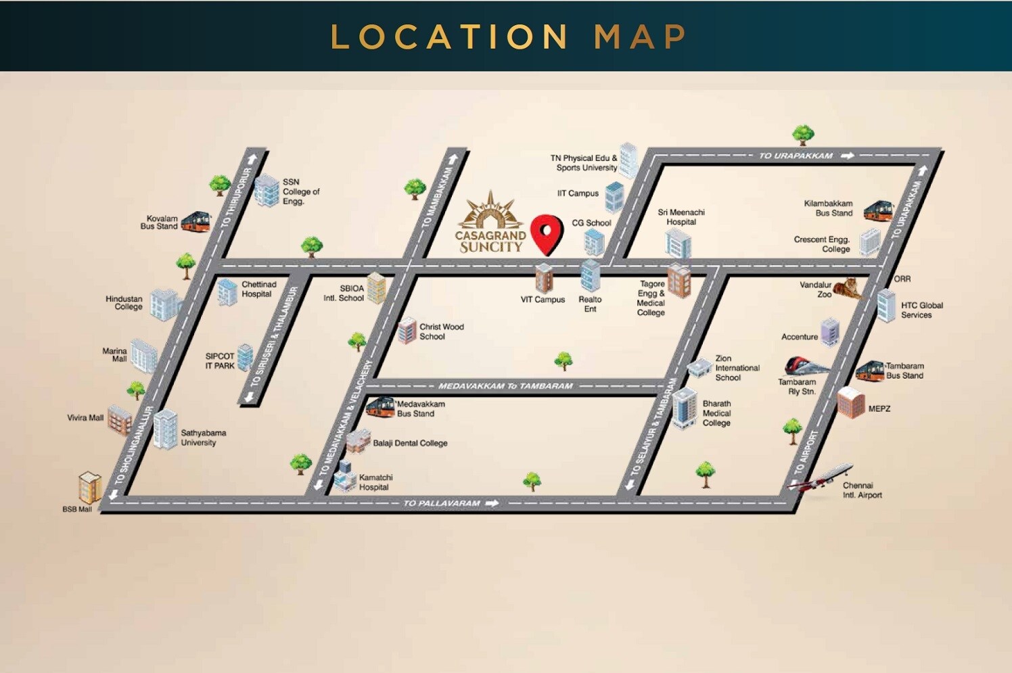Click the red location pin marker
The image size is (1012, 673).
tap(547, 233)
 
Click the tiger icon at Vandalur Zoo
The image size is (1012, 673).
tap(848, 289)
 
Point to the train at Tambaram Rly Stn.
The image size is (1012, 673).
tap(806, 367)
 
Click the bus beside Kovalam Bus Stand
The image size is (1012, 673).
tap(195, 221)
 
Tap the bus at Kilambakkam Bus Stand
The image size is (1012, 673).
tap(878, 210)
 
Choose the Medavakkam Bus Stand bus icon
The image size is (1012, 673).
tap(380, 407)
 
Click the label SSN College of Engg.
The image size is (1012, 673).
tap(300, 191)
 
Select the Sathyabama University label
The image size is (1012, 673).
tap(203, 438)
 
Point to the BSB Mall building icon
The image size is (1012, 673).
tap(90, 486)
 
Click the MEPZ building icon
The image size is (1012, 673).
tap(851, 402)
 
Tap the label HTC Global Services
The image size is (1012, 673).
tap(921, 310)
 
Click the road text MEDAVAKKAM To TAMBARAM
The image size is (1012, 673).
tap(505, 386)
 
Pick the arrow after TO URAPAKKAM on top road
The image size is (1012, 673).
tap(847, 156)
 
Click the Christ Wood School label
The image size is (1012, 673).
tap(441, 331)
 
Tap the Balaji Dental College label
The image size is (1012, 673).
tap(410, 443)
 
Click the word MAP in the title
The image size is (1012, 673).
tap(640, 37)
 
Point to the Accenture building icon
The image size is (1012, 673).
tap(830, 332)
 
